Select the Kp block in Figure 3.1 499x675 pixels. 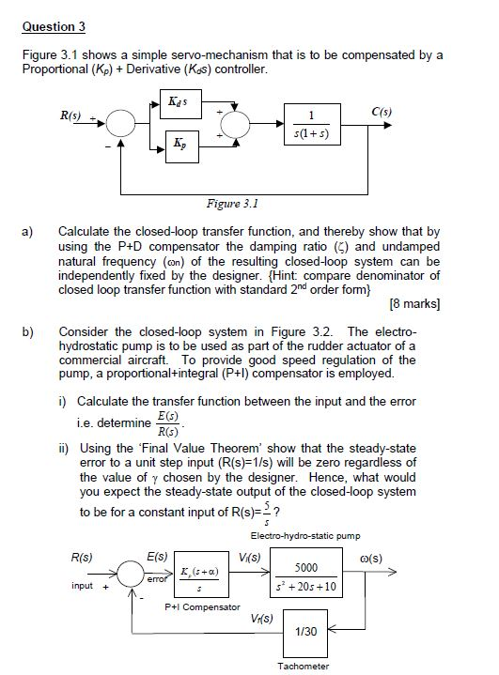click(181, 146)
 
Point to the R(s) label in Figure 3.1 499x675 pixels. click(71, 115)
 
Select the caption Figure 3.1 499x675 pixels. click(231, 200)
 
